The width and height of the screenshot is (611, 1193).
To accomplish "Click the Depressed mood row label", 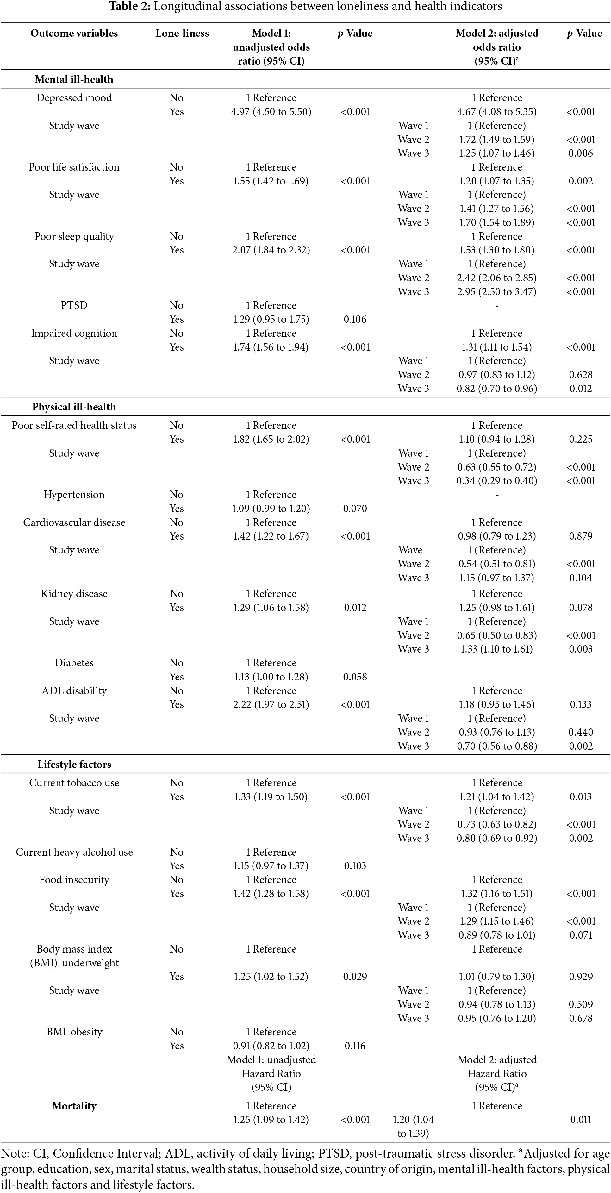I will (x=74, y=98).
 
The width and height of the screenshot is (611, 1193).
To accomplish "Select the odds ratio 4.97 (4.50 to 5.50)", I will (x=271, y=112).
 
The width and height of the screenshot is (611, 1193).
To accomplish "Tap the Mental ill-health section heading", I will (x=74, y=79).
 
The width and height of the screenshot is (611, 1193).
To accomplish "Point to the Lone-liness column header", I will (x=182, y=33).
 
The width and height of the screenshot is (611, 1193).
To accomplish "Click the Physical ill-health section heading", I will (x=74, y=407).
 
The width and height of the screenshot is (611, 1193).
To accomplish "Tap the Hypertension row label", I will (x=74, y=495).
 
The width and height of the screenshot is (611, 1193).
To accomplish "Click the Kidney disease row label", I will (x=74, y=594).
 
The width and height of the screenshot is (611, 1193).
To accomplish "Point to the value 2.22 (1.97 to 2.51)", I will (x=271, y=704).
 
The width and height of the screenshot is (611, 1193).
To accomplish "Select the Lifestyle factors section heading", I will (x=74, y=764).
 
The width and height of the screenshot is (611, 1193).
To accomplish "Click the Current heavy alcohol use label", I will (x=74, y=852).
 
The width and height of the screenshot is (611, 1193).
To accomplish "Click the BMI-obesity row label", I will (x=74, y=1032).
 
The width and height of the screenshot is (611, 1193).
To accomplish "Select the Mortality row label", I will (x=74, y=1106).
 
